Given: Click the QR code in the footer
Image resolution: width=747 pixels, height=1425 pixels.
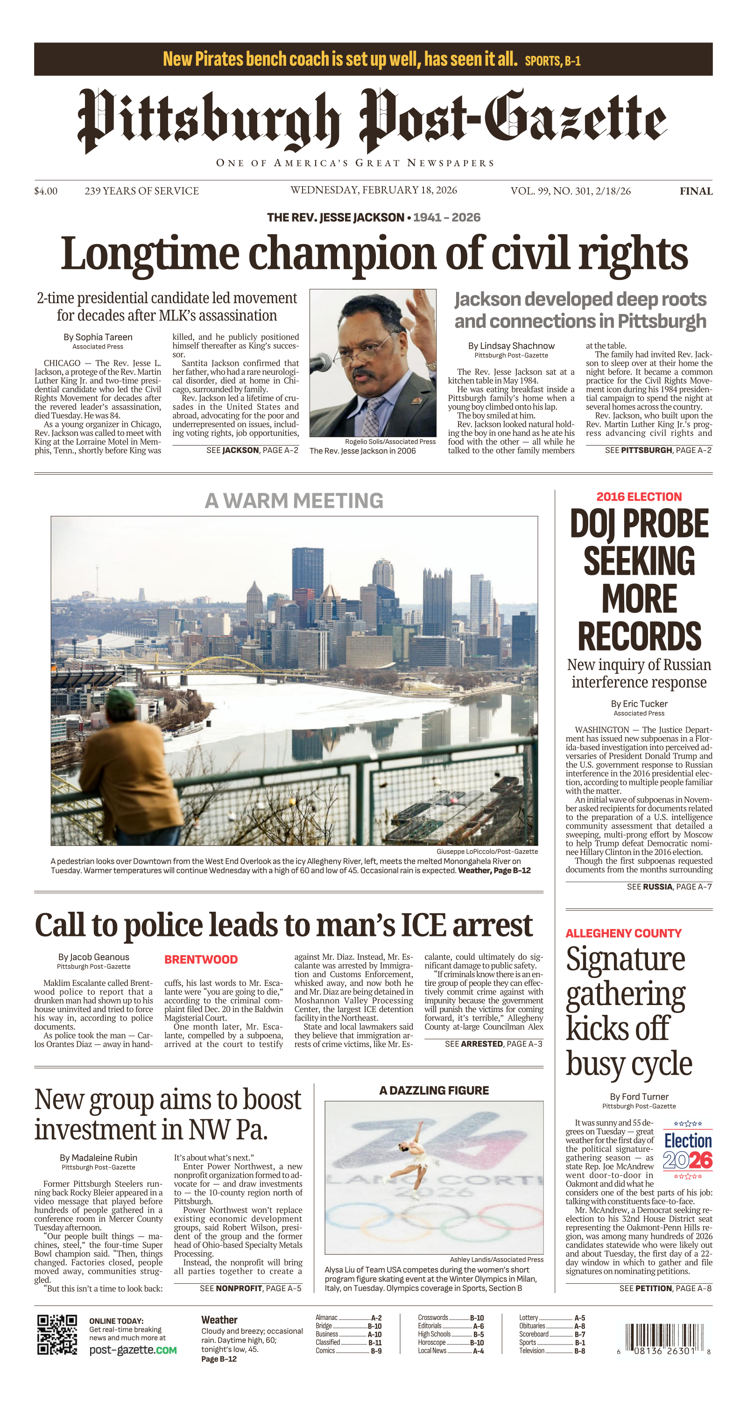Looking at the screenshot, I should tap(57, 1334).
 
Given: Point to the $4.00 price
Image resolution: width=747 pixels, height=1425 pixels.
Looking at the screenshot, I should tap(45, 191).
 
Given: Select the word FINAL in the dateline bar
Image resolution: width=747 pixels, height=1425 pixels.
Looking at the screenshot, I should tap(696, 191).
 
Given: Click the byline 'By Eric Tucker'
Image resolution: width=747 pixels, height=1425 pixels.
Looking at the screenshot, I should tap(639, 704).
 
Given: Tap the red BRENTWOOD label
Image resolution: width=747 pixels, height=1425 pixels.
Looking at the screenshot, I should tap(201, 960).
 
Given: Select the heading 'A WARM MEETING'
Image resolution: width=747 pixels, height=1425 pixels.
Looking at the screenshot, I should tap(294, 501).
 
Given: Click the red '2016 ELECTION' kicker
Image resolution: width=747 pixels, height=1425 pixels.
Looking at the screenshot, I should tap(639, 496).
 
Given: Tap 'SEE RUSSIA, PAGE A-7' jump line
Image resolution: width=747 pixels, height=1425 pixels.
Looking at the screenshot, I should tap(669, 887).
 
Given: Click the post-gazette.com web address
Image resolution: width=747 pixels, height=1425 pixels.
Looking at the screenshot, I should tap(133, 1350).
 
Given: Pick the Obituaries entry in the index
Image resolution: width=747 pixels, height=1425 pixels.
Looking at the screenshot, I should tap(551, 1326).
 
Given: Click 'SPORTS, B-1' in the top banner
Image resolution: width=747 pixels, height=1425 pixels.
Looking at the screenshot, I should tap(552, 61).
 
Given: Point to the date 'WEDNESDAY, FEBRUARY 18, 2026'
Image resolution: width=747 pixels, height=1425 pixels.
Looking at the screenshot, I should tap(373, 190).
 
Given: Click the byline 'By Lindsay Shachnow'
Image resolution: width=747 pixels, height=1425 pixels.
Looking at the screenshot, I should tap(511, 346).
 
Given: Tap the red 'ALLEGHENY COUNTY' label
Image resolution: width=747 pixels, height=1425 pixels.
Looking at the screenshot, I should tap(623, 933).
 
